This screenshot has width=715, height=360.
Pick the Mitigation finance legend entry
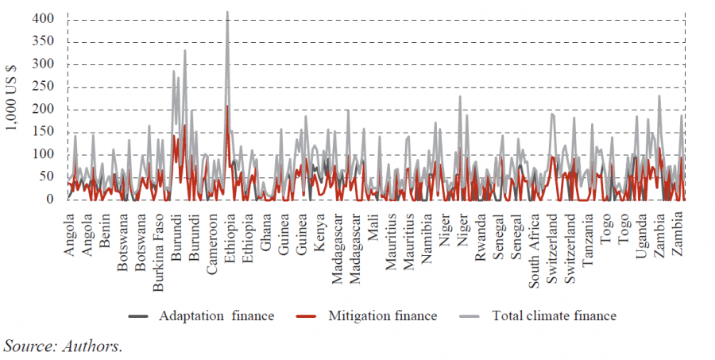pyautogui.click(x=382, y=316)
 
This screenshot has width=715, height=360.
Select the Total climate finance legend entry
pyautogui.click(x=554, y=316)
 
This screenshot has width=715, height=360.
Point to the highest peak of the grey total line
pyautogui.click(x=227, y=13)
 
